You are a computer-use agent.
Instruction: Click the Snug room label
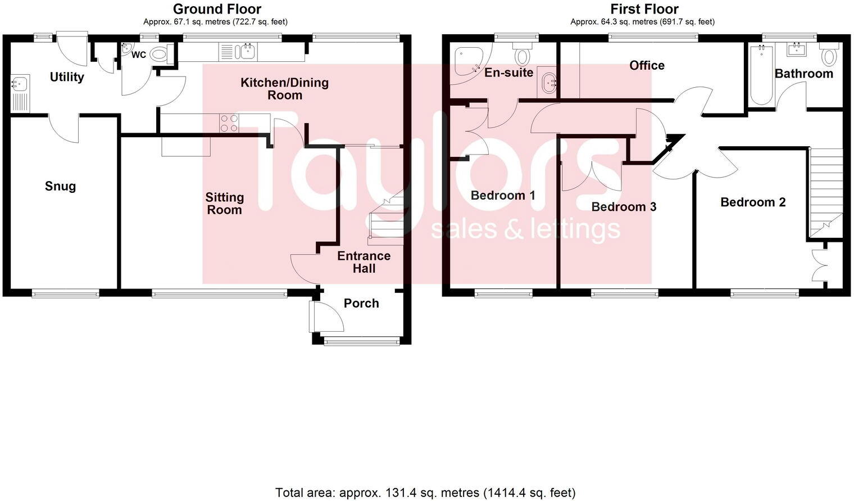[x=60, y=186]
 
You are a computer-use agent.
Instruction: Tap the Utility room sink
[x=19, y=84]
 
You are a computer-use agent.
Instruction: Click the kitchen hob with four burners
[x=229, y=123]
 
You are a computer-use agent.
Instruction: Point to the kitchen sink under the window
[x=246, y=52]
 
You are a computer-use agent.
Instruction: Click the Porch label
[x=361, y=304]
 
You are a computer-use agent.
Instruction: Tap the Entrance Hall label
[x=364, y=262]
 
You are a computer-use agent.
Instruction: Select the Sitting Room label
[x=224, y=204]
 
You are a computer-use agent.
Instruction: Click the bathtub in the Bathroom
[x=761, y=75]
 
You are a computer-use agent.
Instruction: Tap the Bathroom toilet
[x=829, y=56]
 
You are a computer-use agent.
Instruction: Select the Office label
[x=647, y=66]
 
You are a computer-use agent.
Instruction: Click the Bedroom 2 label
[x=753, y=202]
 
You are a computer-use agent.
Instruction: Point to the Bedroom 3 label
[x=624, y=207]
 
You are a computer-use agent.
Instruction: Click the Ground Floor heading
[x=217, y=9]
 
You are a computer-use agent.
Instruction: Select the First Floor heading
[x=644, y=9]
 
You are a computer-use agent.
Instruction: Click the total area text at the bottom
[x=425, y=493]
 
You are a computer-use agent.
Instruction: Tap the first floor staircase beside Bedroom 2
[x=825, y=191]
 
